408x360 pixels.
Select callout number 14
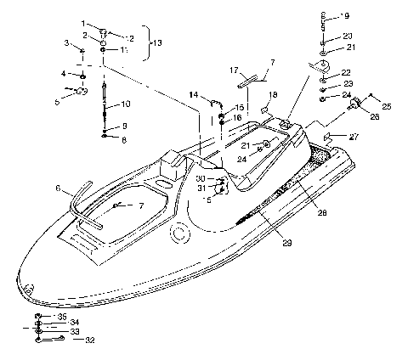194,95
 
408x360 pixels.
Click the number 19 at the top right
344,15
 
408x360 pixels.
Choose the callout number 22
346,73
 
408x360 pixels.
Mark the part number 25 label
386,107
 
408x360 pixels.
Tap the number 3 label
65,42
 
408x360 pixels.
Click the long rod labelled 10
105,102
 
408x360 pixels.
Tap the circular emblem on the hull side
179,233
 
